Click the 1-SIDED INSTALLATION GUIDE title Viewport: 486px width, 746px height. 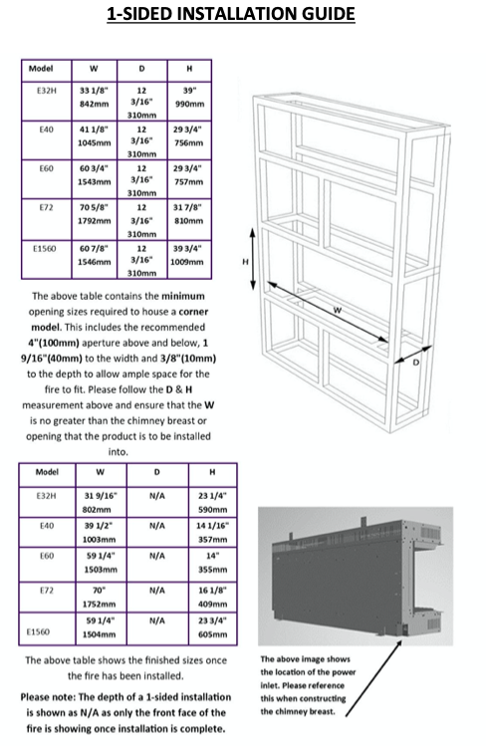tap(231, 14)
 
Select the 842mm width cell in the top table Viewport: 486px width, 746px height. tap(95, 104)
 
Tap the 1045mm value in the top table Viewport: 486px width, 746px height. tap(95, 142)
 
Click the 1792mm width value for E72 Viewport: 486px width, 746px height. tap(95, 221)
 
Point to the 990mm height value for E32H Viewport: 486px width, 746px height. tap(189, 104)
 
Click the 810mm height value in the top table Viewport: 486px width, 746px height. tap(189, 221)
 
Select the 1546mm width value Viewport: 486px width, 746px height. tap(95, 262)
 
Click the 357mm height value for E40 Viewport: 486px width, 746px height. tap(212, 540)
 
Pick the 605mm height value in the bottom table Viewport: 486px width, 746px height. tap(212, 634)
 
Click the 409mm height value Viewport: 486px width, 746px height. tap(212, 605)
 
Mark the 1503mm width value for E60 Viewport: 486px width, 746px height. tap(100, 570)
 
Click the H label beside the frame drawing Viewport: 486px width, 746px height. tap(245, 262)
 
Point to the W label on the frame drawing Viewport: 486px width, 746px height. tap(338, 310)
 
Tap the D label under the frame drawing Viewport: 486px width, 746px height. tap(416, 363)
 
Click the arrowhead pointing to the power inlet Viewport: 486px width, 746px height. tap(398, 643)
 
